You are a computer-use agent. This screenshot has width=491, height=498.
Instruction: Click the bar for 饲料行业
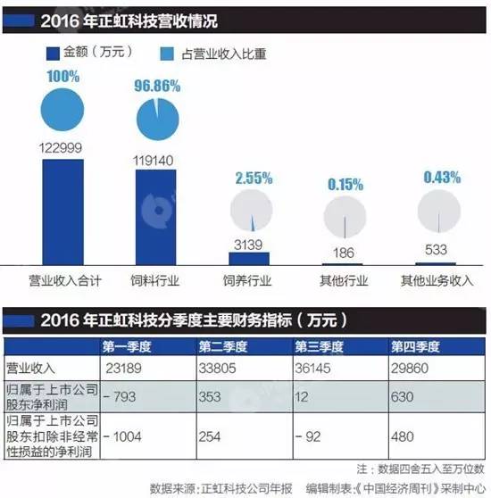click(162, 217)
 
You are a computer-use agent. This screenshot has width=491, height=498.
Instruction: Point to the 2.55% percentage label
click(249, 178)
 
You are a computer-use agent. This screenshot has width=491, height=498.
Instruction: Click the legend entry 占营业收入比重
click(221, 54)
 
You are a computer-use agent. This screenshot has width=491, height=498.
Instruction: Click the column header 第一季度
click(129, 346)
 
